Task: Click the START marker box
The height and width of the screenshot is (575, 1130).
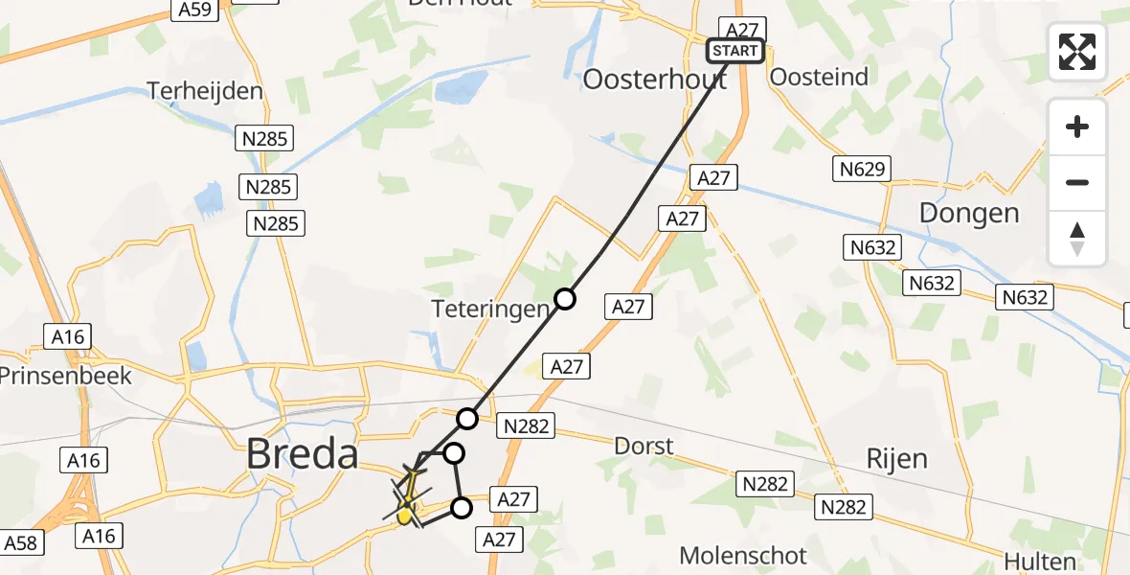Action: click(x=735, y=51)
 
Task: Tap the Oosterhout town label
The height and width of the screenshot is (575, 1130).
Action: click(x=656, y=80)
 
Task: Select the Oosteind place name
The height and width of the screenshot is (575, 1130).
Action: click(x=819, y=78)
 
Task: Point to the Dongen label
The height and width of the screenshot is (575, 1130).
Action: click(x=969, y=213)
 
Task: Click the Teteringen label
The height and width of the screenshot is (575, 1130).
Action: click(x=503, y=309)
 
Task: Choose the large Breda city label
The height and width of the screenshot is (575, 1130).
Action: click(x=302, y=453)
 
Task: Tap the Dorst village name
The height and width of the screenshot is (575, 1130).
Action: click(x=644, y=446)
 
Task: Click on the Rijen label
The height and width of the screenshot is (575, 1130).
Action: click(x=897, y=458)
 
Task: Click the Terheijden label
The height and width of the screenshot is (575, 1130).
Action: click(x=205, y=91)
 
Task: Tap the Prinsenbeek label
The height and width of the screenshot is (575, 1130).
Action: click(x=66, y=374)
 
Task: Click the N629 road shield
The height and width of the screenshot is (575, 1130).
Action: click(x=861, y=170)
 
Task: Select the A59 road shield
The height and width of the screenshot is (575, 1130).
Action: click(x=194, y=11)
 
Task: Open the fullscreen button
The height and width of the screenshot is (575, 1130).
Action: click(x=1077, y=52)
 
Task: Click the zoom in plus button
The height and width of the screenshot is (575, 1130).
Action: click(x=1077, y=126)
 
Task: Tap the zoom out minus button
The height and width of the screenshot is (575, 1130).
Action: click(x=1077, y=182)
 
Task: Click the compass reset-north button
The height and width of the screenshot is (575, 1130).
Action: click(x=1077, y=239)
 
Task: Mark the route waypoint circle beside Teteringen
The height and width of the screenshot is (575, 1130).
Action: click(x=565, y=299)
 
